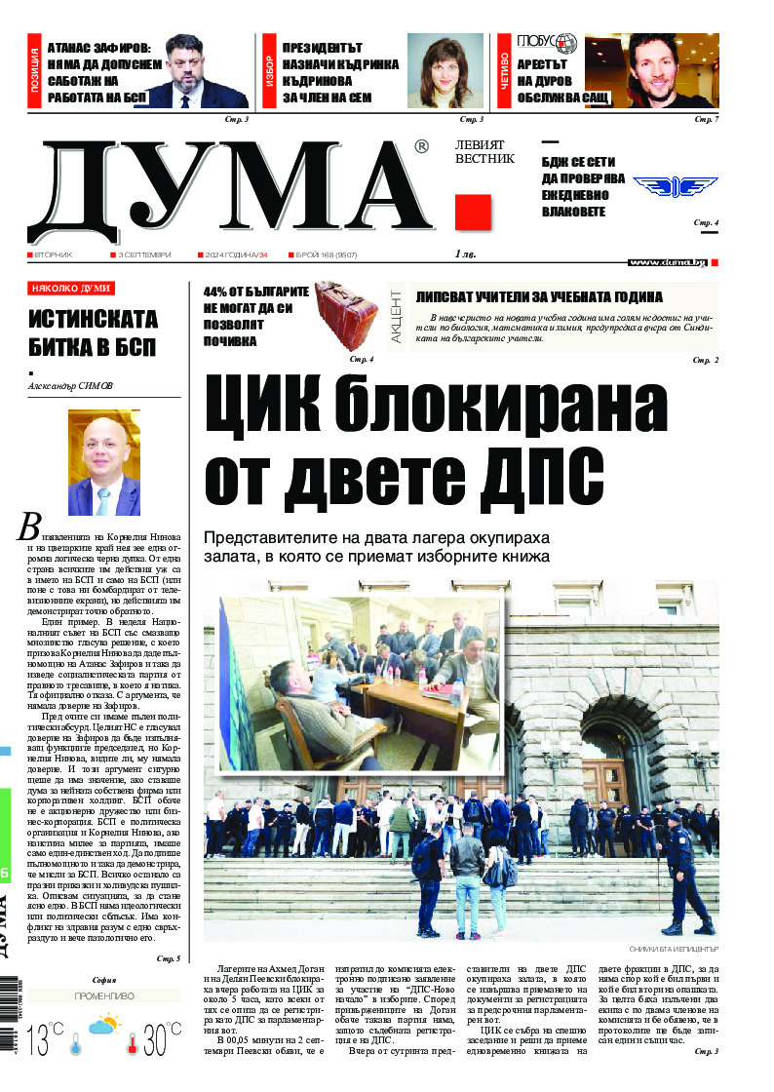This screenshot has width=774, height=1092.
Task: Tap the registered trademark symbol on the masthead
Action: pos(421,147)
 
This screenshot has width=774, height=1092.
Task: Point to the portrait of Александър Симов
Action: pos(103,462)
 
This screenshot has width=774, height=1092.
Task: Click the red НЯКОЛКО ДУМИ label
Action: pos(70,289)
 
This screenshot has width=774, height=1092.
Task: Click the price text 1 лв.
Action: pos(468,254)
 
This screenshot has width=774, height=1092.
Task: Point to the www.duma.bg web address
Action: pos(668,262)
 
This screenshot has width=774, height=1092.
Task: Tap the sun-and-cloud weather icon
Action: pos(103,1025)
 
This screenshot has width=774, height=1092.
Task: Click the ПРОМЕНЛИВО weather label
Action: pos(103,996)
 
